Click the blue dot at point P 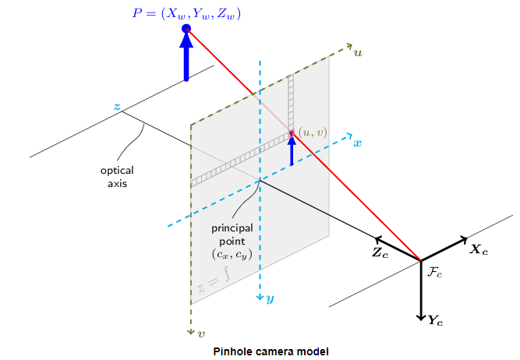186,29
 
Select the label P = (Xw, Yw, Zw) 186,12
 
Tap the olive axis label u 359,53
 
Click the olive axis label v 202,334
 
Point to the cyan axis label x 358,143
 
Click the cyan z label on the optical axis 117,106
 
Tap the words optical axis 117,177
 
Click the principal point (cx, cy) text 233,242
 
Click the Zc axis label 380,253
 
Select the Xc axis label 479,251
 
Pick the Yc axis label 436,319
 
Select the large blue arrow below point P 186,58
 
